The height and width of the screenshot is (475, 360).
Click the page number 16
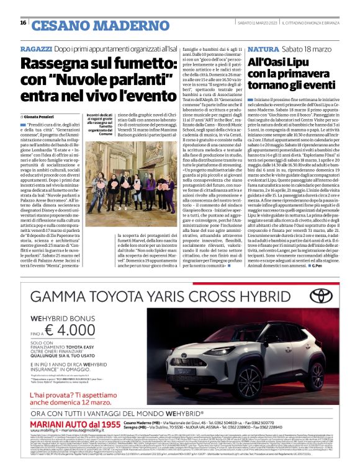[x=23, y=23]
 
